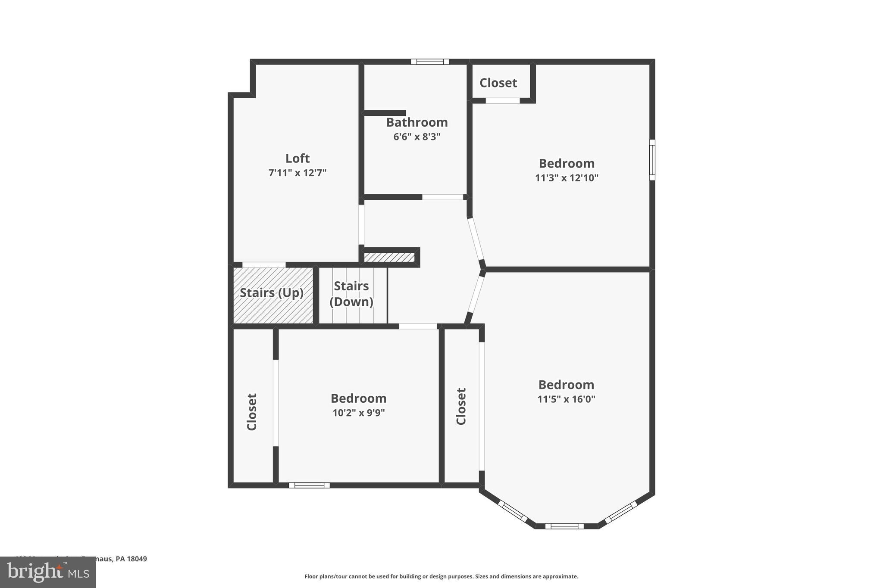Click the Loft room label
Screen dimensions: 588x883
pos(297,158)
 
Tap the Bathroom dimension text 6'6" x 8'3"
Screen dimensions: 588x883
pos(416,137)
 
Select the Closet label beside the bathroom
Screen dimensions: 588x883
pos(498,83)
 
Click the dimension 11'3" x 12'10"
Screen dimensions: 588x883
pos(567,178)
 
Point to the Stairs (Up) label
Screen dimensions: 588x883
pos(272,293)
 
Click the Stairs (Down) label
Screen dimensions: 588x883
pos(351,294)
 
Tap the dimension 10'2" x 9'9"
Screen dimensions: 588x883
pos(358,413)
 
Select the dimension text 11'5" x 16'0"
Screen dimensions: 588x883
pos(566,399)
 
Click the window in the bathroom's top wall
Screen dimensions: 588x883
pos(430,62)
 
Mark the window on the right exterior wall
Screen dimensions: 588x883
pos(652,160)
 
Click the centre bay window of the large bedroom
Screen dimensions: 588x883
pos(564,526)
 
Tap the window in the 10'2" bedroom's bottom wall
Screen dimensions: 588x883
pos(309,485)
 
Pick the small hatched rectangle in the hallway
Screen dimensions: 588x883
pos(389,258)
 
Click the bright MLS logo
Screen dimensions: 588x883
pos(48,572)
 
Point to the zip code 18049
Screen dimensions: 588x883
pos(137,559)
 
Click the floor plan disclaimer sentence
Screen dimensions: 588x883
pos(441,576)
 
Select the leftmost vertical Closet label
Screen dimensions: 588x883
pos(252,411)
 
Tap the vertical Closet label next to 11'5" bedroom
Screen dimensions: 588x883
pos(461,406)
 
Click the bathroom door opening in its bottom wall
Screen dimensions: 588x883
pos(442,197)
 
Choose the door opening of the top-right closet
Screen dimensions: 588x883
pos(503,101)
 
